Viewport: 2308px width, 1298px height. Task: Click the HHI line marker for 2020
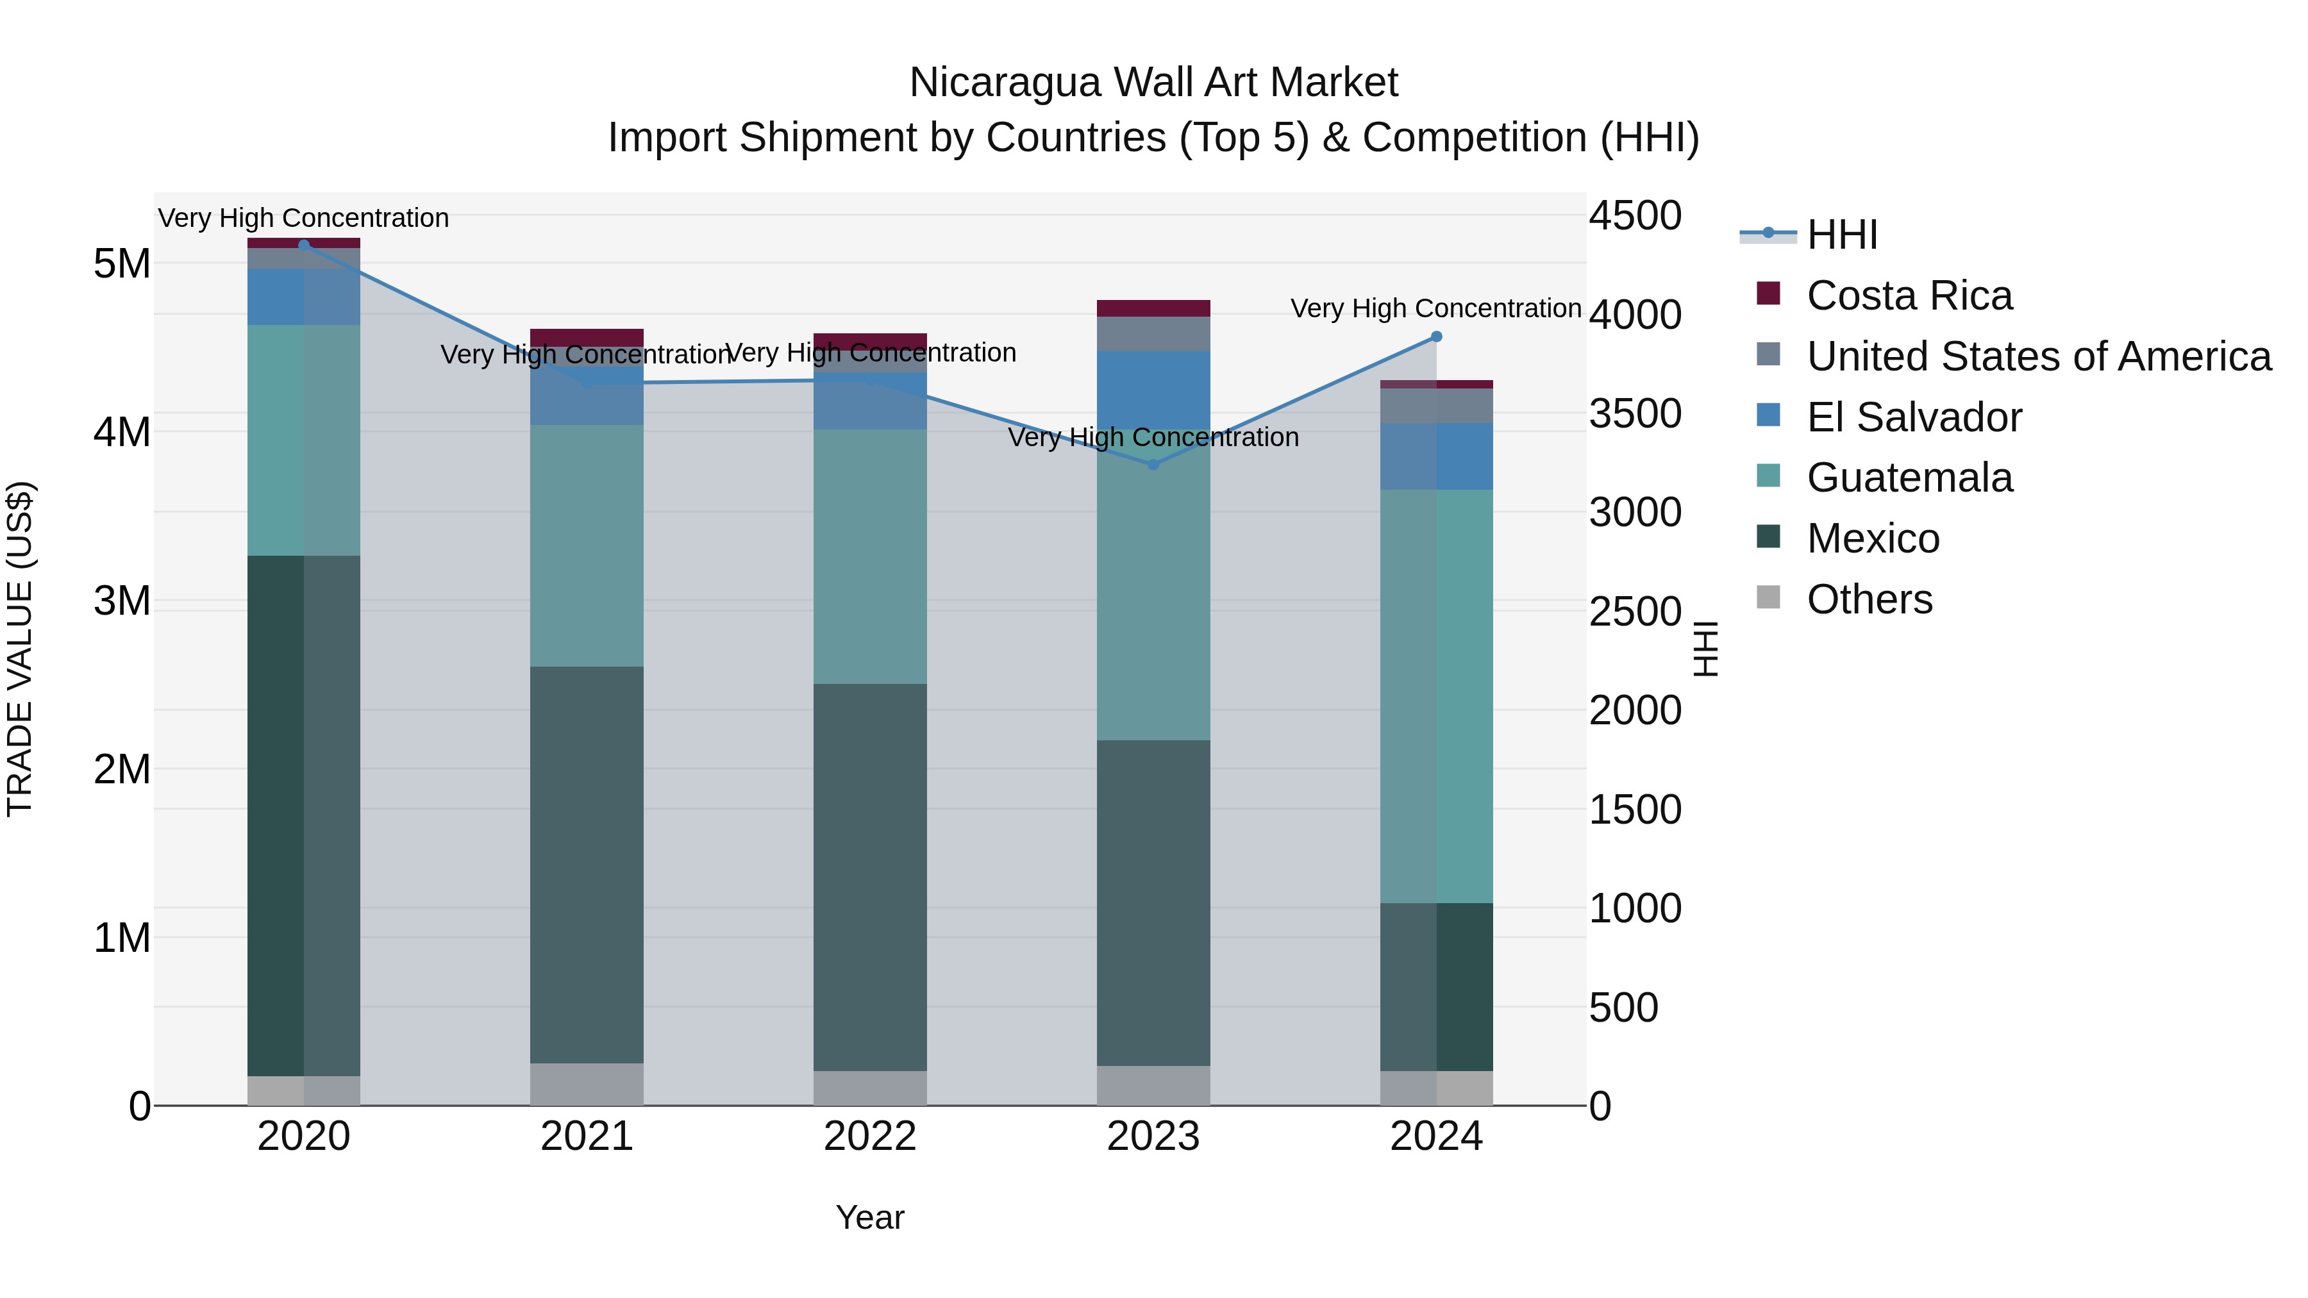(x=304, y=245)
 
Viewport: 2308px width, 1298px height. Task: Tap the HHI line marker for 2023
(x=1153, y=464)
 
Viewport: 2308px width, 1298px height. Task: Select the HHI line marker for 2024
(x=1436, y=337)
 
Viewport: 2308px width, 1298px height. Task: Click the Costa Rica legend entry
(x=1909, y=295)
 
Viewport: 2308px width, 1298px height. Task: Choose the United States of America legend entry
(x=2038, y=356)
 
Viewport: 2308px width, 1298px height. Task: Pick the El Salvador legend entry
(x=1914, y=417)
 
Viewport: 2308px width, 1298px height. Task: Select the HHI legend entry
(x=1841, y=235)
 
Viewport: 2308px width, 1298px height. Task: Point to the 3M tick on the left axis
(x=122, y=601)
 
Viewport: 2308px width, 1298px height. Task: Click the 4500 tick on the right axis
(x=1635, y=216)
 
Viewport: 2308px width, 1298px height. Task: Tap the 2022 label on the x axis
(x=870, y=1136)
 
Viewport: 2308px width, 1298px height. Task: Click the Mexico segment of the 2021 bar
(x=587, y=865)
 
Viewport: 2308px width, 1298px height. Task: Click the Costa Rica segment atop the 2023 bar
(x=1153, y=308)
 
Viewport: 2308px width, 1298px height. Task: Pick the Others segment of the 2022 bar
(x=870, y=1088)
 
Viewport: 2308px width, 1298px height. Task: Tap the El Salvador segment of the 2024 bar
(x=1436, y=456)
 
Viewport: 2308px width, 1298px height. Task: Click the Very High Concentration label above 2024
(x=1435, y=308)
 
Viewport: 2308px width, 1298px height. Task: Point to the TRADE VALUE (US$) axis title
(x=20, y=649)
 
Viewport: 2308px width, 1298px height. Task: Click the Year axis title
(x=870, y=1217)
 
